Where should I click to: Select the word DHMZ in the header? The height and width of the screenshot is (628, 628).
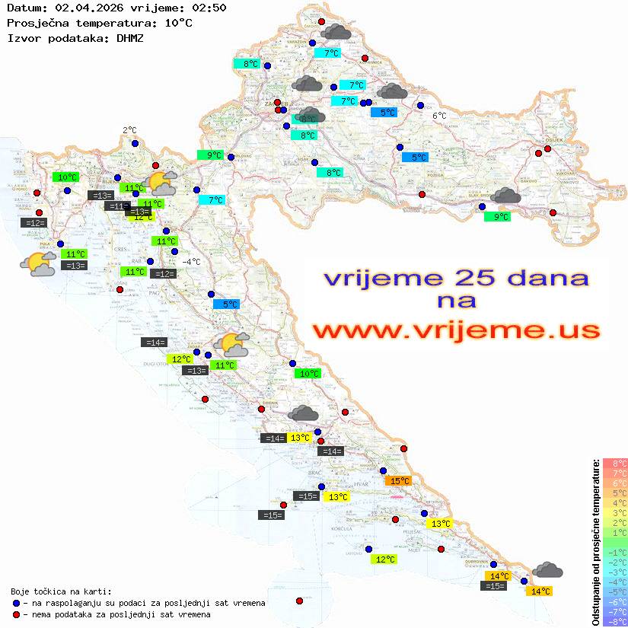click(x=129, y=37)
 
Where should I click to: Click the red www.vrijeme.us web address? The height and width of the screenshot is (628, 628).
click(x=456, y=330)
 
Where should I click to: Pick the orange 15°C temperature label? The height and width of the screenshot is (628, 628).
click(x=399, y=480)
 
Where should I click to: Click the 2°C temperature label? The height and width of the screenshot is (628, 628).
click(x=129, y=130)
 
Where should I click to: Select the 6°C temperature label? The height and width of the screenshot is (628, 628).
click(x=439, y=116)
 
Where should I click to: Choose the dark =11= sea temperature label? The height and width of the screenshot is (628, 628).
click(x=116, y=206)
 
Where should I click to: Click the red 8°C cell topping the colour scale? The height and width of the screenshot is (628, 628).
click(x=614, y=463)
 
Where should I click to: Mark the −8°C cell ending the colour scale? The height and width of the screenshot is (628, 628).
click(x=614, y=621)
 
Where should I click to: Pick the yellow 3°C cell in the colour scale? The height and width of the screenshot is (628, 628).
click(x=614, y=512)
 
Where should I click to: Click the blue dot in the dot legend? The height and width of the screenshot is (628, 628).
click(x=17, y=603)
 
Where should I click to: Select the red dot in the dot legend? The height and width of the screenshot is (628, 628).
click(x=17, y=614)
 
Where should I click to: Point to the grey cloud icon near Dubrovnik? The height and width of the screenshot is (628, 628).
click(x=547, y=569)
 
